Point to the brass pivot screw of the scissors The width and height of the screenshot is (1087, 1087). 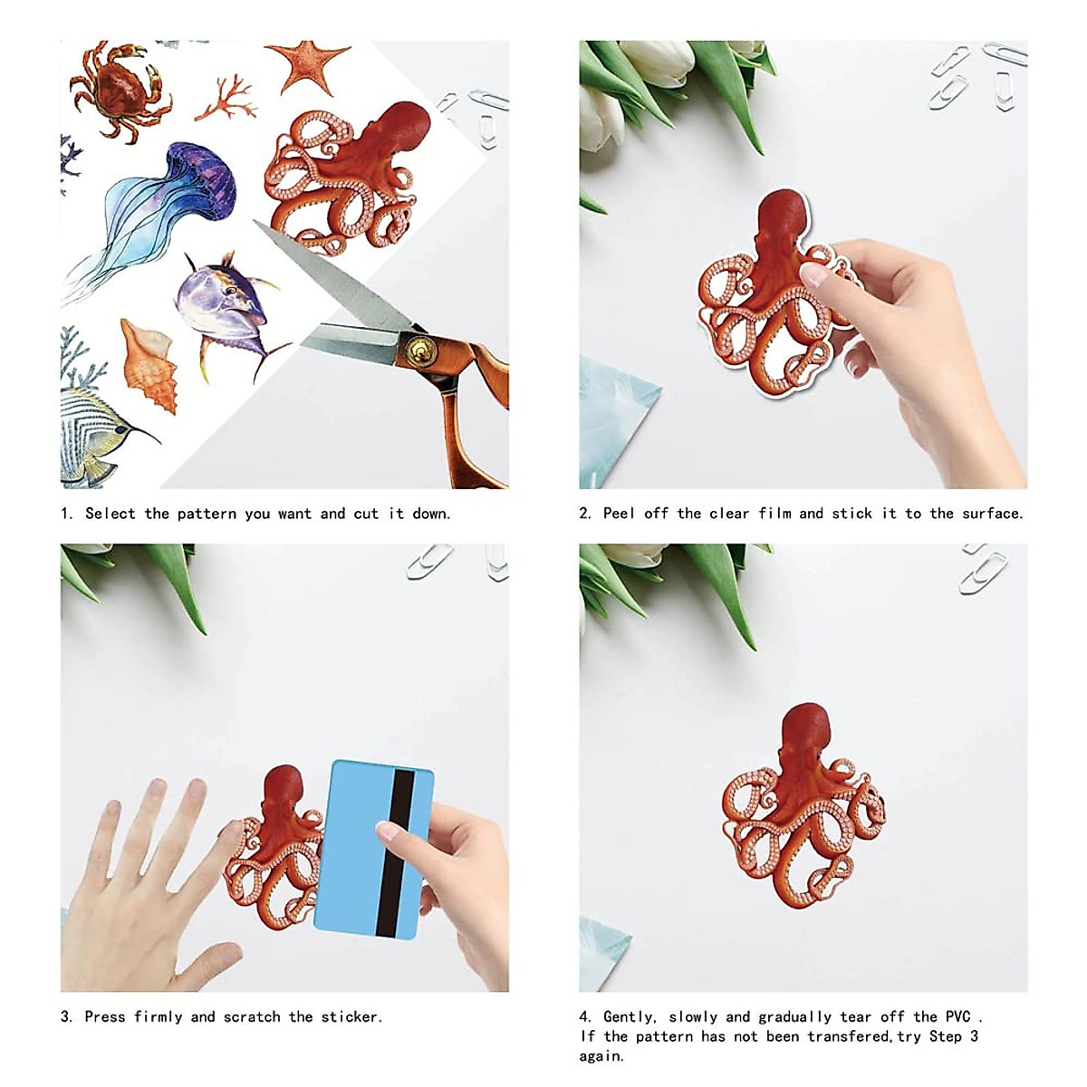click(419, 346)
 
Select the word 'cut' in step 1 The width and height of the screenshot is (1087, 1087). click(366, 514)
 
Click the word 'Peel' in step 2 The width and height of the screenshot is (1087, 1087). click(620, 514)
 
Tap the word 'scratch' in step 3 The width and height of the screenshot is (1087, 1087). click(251, 1016)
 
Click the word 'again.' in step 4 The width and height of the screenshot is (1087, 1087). click(602, 1056)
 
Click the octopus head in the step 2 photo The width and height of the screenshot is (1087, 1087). click(782, 222)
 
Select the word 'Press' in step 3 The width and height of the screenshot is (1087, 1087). click(106, 1016)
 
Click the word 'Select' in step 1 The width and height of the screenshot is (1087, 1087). click(110, 514)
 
